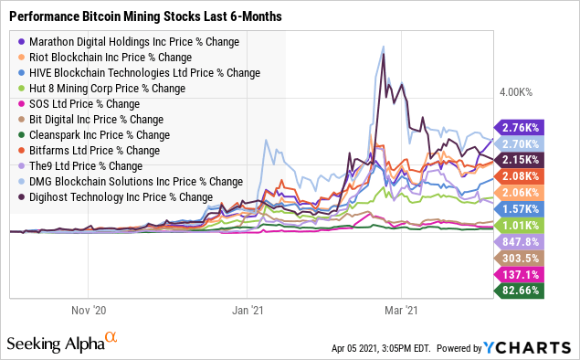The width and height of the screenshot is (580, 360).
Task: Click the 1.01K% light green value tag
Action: (x=520, y=225)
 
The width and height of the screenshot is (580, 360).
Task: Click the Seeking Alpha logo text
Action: (x=55, y=344)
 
